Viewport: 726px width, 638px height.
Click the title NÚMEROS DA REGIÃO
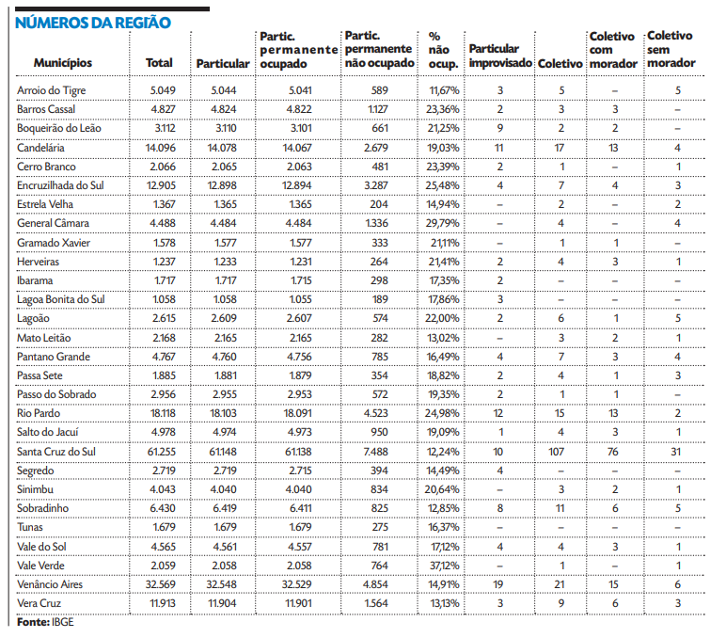[x=93, y=22]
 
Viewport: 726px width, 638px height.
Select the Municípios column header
[x=63, y=62]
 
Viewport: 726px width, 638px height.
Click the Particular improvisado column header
[x=500, y=56]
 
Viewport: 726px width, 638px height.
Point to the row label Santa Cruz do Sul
[x=57, y=451]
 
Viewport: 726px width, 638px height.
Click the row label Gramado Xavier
[x=52, y=242]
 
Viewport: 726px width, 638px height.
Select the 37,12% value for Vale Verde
[x=443, y=565]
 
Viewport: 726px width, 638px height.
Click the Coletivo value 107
[x=560, y=451]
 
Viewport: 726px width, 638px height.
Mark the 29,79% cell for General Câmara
[x=443, y=223]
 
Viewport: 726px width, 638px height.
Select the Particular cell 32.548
[x=222, y=583]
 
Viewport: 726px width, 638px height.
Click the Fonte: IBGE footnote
[x=45, y=622]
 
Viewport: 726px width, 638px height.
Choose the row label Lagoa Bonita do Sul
[x=61, y=299]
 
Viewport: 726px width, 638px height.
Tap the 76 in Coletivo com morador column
[x=612, y=451]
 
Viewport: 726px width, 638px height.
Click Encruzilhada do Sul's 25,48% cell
[x=443, y=184]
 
